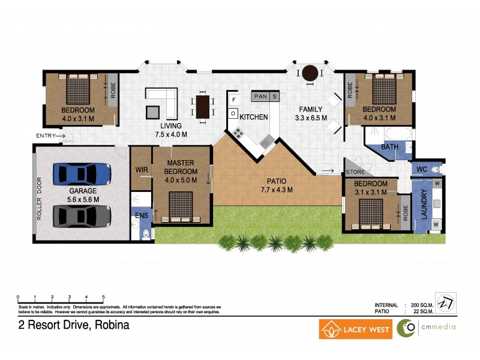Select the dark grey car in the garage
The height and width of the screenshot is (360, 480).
tap(82, 215)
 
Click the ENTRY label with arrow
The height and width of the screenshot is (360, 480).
tap(49, 136)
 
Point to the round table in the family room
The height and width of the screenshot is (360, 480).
tap(310, 74)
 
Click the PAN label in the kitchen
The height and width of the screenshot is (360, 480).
tap(260, 96)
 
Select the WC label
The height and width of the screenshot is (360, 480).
tap(421, 170)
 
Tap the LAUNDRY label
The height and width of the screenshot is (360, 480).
tap(424, 203)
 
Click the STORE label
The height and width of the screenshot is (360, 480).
tap(355, 172)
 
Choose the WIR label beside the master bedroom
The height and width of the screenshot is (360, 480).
tap(142, 170)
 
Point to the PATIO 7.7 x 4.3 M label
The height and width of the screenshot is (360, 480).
tap(277, 185)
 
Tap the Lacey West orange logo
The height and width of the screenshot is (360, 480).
tap(356, 329)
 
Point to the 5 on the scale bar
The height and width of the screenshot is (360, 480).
tap(104, 298)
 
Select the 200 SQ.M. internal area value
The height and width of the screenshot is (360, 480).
tap(422, 305)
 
